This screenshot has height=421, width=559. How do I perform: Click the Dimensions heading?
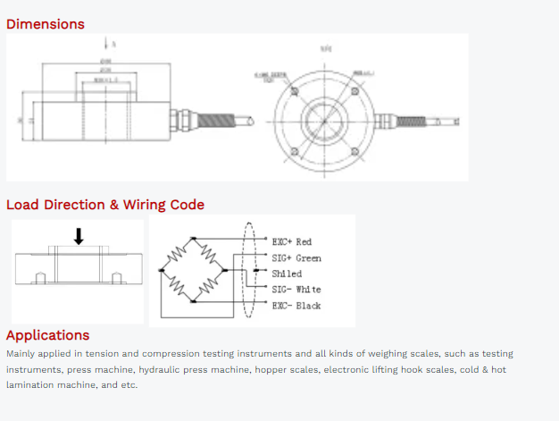pyautogui.click(x=46, y=24)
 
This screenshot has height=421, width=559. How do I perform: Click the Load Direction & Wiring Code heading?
pyautogui.click(x=105, y=205)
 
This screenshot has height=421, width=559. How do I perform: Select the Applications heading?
pyautogui.click(x=48, y=335)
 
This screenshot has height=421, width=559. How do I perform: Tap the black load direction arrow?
pyautogui.click(x=79, y=236)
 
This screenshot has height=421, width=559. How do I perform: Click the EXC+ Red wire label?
pyautogui.click(x=292, y=242)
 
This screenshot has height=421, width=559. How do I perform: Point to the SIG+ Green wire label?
pyautogui.click(x=296, y=258)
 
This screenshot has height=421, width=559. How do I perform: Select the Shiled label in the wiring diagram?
pyautogui.click(x=287, y=274)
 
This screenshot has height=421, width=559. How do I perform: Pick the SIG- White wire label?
pyautogui.click(x=296, y=290)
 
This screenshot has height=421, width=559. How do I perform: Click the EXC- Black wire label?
pyautogui.click(x=296, y=306)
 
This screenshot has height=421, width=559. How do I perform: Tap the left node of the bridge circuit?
pyautogui.click(x=162, y=269)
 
